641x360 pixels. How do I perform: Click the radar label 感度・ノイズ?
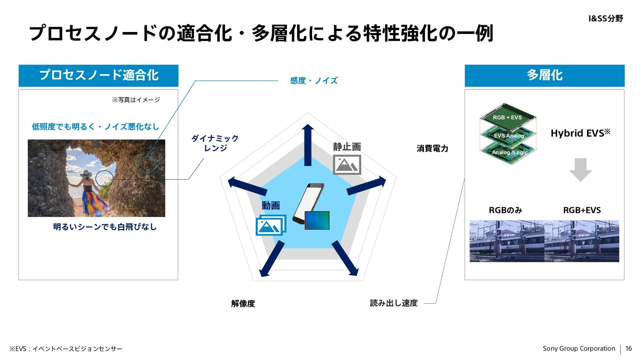[x=313, y=81]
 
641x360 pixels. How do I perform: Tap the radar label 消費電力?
[x=432, y=149]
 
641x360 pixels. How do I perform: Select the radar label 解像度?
[x=243, y=304]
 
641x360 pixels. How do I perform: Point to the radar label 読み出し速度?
[x=394, y=303]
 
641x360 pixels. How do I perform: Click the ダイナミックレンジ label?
[x=215, y=143]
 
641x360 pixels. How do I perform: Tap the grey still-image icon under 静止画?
[x=347, y=164]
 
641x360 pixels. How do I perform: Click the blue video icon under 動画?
[x=271, y=225]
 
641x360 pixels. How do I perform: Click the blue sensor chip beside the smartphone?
[x=317, y=221]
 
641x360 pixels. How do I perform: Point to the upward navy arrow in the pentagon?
[x=308, y=145]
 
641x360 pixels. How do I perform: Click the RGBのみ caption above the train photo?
[x=505, y=210]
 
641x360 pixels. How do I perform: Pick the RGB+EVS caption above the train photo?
[x=582, y=210]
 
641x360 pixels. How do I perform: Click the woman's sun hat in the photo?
[x=86, y=174]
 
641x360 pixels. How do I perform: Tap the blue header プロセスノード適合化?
[x=98, y=75]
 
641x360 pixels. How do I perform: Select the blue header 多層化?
[x=544, y=75]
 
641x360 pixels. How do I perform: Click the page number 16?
[x=628, y=349]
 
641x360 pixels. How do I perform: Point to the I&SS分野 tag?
[x=606, y=19]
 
